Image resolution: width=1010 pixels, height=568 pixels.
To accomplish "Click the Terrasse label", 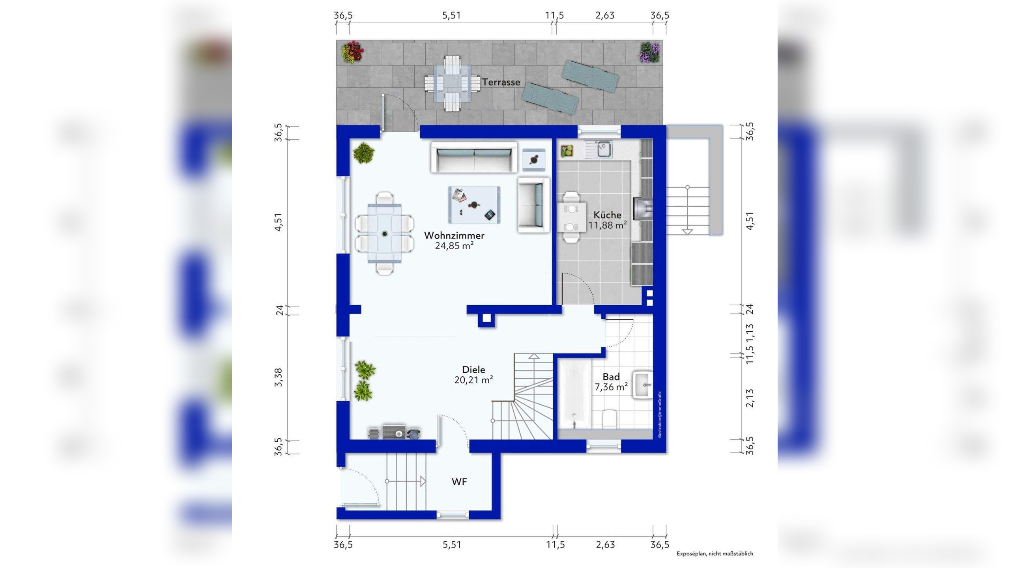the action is pyautogui.click(x=501, y=82).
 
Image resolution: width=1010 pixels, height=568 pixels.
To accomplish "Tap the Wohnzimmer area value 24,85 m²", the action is pyautogui.click(x=454, y=246).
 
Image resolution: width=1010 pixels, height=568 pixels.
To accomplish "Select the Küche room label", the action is pyautogui.click(x=608, y=215).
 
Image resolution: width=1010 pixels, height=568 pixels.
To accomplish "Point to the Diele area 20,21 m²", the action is pyautogui.click(x=473, y=380).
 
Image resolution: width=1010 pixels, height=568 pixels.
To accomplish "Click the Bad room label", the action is pyautogui.click(x=611, y=377).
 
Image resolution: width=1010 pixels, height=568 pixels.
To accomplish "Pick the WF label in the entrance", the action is pyautogui.click(x=460, y=482).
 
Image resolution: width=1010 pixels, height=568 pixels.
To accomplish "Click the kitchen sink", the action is pyautogui.click(x=604, y=149).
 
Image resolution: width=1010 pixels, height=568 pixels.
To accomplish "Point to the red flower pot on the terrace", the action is pyautogui.click(x=352, y=52).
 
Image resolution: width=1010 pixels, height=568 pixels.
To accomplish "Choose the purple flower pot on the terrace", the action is pyautogui.click(x=649, y=52).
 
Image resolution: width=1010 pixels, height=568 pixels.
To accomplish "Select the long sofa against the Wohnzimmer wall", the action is pyautogui.click(x=474, y=157).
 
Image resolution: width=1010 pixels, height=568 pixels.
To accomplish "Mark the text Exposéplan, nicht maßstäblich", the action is pyautogui.click(x=715, y=553).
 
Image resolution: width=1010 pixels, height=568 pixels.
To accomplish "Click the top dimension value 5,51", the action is pyautogui.click(x=451, y=15).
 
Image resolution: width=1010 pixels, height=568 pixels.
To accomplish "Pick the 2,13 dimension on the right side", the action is pyautogui.click(x=750, y=398).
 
